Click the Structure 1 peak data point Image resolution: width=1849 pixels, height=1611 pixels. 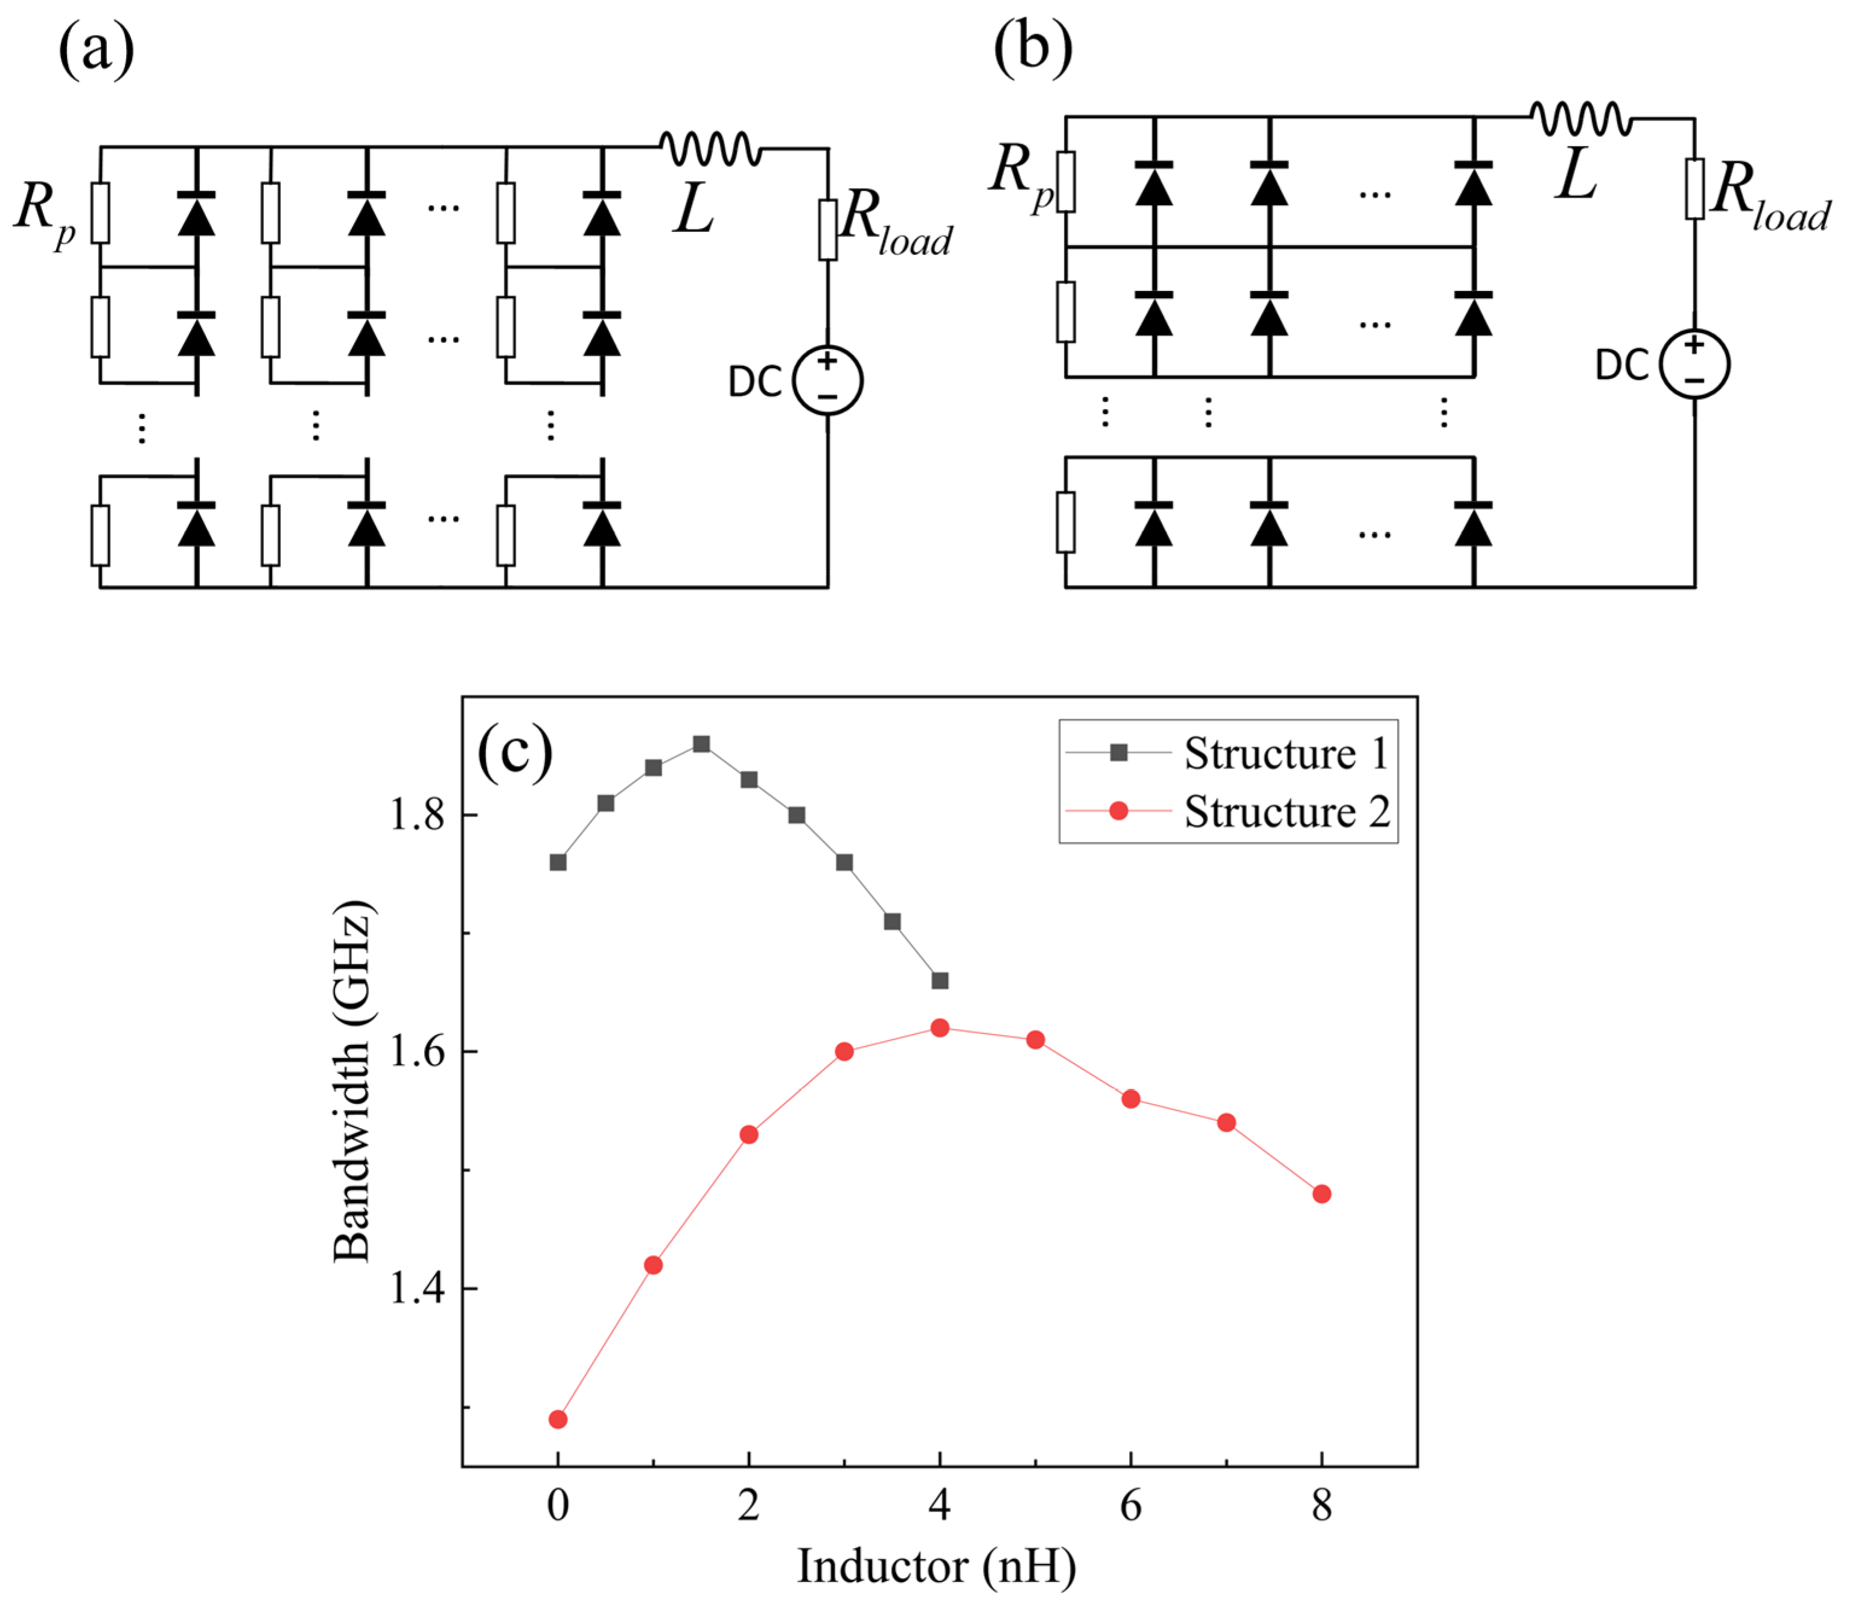click(x=701, y=744)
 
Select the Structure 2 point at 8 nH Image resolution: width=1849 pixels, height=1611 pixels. click(x=1322, y=1194)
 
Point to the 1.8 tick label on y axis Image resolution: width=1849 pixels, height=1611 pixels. click(x=416, y=815)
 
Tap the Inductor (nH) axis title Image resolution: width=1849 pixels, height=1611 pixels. click(x=936, y=1567)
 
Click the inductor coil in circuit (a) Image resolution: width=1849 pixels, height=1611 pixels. click(x=710, y=148)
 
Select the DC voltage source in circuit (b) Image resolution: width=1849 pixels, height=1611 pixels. click(x=1695, y=364)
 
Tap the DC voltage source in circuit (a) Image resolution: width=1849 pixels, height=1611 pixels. click(x=827, y=380)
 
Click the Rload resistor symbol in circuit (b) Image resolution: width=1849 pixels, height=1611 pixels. click(x=1695, y=189)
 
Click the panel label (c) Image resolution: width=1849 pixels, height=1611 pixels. click(x=514, y=753)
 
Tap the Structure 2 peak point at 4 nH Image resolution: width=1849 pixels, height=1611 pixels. click(x=940, y=1027)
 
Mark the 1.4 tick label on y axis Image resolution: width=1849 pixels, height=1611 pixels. click(x=416, y=1288)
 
